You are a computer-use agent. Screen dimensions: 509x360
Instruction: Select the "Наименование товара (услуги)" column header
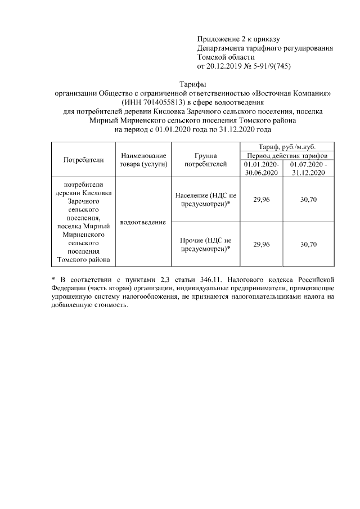pyautogui.click(x=143, y=160)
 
